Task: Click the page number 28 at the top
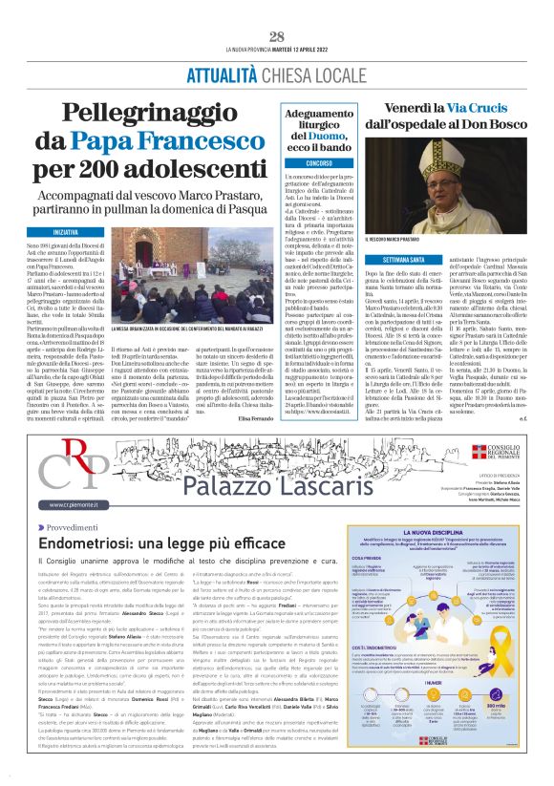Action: pos(277,36)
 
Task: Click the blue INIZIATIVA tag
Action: pos(66,232)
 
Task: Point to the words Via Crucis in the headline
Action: pos(466,109)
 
